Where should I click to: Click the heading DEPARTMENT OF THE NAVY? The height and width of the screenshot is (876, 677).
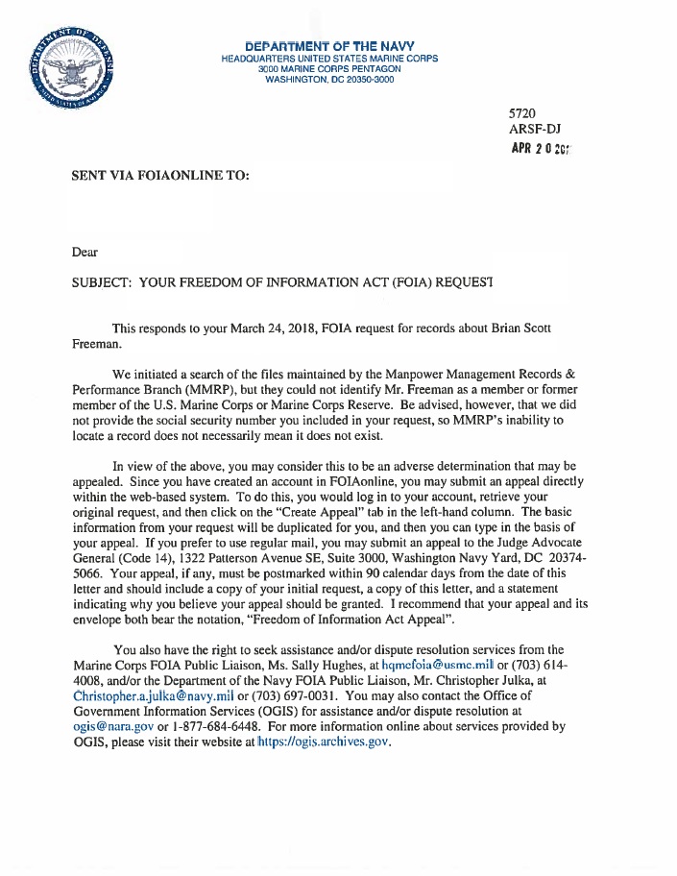tap(328, 46)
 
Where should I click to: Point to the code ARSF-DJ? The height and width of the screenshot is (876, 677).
tap(534, 130)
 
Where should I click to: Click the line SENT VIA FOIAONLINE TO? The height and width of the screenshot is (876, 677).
tap(160, 178)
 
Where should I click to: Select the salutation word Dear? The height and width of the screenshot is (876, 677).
tap(85, 253)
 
